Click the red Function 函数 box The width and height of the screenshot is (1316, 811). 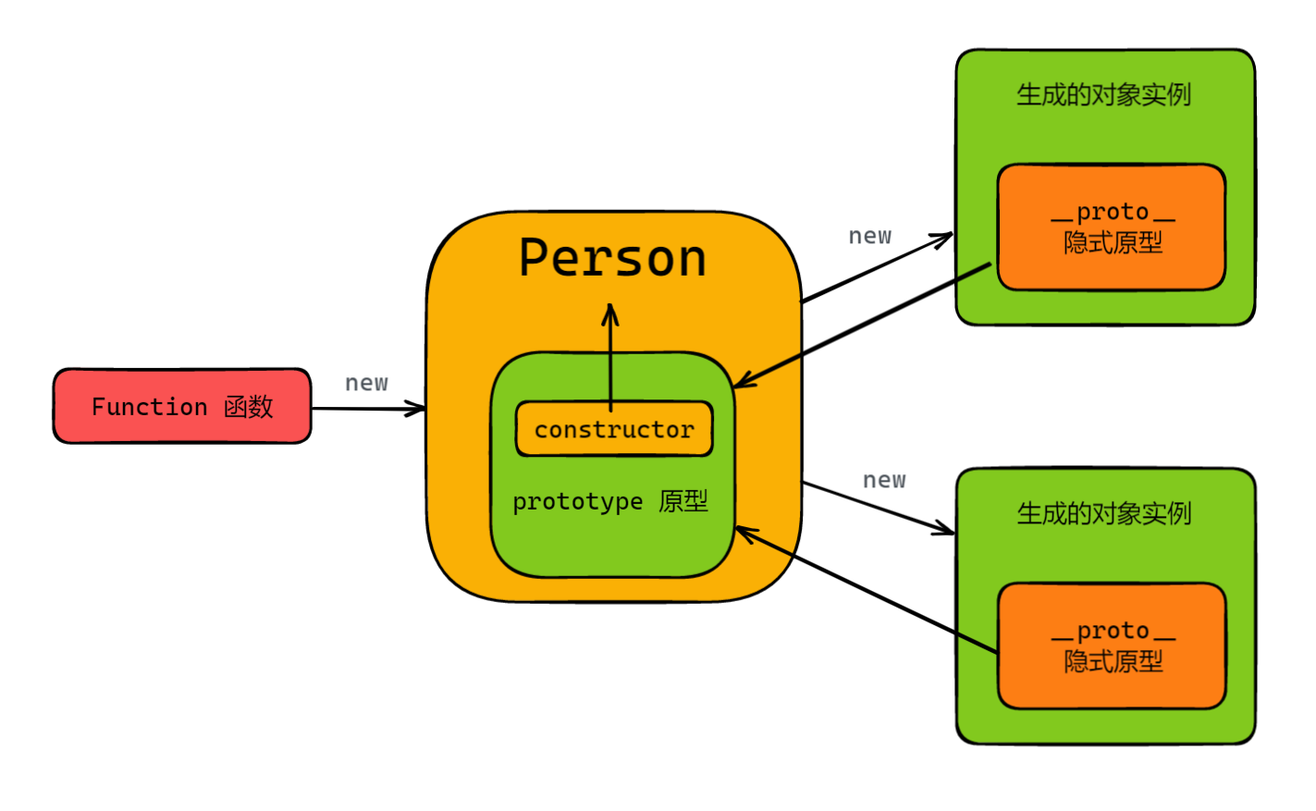182,406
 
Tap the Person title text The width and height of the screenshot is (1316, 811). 612,258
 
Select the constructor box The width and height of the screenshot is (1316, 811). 614,429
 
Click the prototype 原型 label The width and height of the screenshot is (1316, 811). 610,502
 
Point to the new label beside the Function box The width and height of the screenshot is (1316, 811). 366,383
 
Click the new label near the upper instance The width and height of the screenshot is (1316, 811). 870,237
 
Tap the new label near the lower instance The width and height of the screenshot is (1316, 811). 884,481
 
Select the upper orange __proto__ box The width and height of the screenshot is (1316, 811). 1112,227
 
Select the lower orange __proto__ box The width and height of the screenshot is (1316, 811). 1112,646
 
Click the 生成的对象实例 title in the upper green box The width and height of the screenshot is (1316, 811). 1103,95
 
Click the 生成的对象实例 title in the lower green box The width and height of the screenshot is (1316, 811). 1103,514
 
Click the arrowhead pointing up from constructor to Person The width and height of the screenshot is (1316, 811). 610,312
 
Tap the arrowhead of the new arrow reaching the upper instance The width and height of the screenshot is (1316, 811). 945,238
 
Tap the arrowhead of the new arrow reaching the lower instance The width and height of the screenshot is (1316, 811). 947,530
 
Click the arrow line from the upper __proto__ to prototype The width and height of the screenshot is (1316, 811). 860,325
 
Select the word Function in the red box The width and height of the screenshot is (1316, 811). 149,407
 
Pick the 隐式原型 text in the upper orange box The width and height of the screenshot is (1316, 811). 1113,243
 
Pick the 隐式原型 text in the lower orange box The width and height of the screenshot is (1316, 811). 1113,662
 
